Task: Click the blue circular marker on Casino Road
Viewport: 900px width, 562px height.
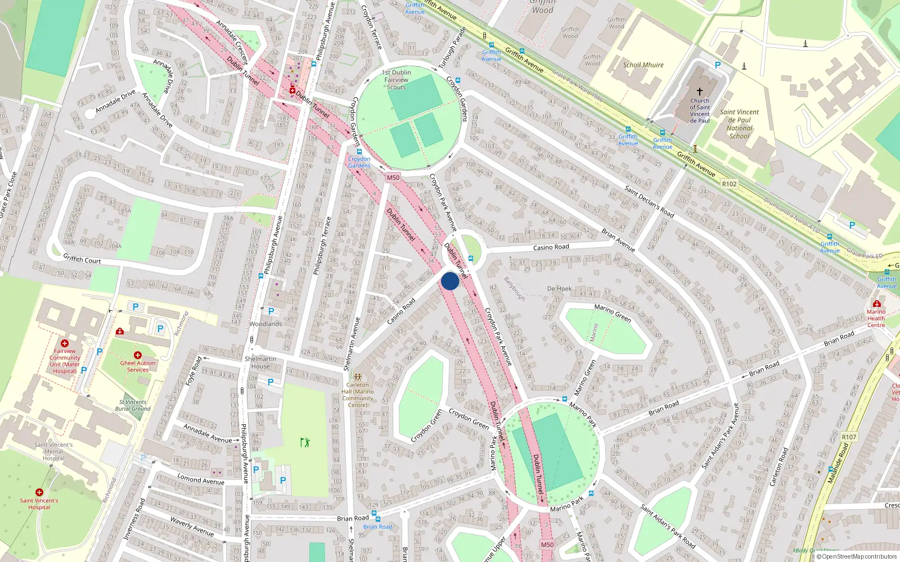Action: [449, 281]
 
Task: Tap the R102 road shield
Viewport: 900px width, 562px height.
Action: [729, 184]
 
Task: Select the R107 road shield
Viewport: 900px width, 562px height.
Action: [849, 437]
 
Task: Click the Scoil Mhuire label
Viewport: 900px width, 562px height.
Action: [643, 65]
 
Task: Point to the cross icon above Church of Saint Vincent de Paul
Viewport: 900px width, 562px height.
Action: [700, 91]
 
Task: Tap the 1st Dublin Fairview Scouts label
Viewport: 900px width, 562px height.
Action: [397, 80]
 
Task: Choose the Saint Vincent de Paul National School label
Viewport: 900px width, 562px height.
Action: [739, 124]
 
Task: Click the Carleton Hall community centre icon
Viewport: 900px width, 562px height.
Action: [358, 377]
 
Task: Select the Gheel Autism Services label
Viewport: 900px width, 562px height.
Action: [138, 366]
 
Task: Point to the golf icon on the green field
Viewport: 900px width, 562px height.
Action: [304, 442]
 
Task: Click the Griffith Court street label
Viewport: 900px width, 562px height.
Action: [82, 259]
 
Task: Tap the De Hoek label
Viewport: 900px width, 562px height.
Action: [559, 289]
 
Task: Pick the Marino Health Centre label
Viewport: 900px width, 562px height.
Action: [876, 318]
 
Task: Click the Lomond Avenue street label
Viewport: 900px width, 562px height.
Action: [201, 479]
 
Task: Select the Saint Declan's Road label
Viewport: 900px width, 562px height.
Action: [649, 201]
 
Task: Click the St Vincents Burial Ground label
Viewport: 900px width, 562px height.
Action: [133, 405]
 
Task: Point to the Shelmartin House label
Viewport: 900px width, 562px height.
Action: [260, 362]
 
